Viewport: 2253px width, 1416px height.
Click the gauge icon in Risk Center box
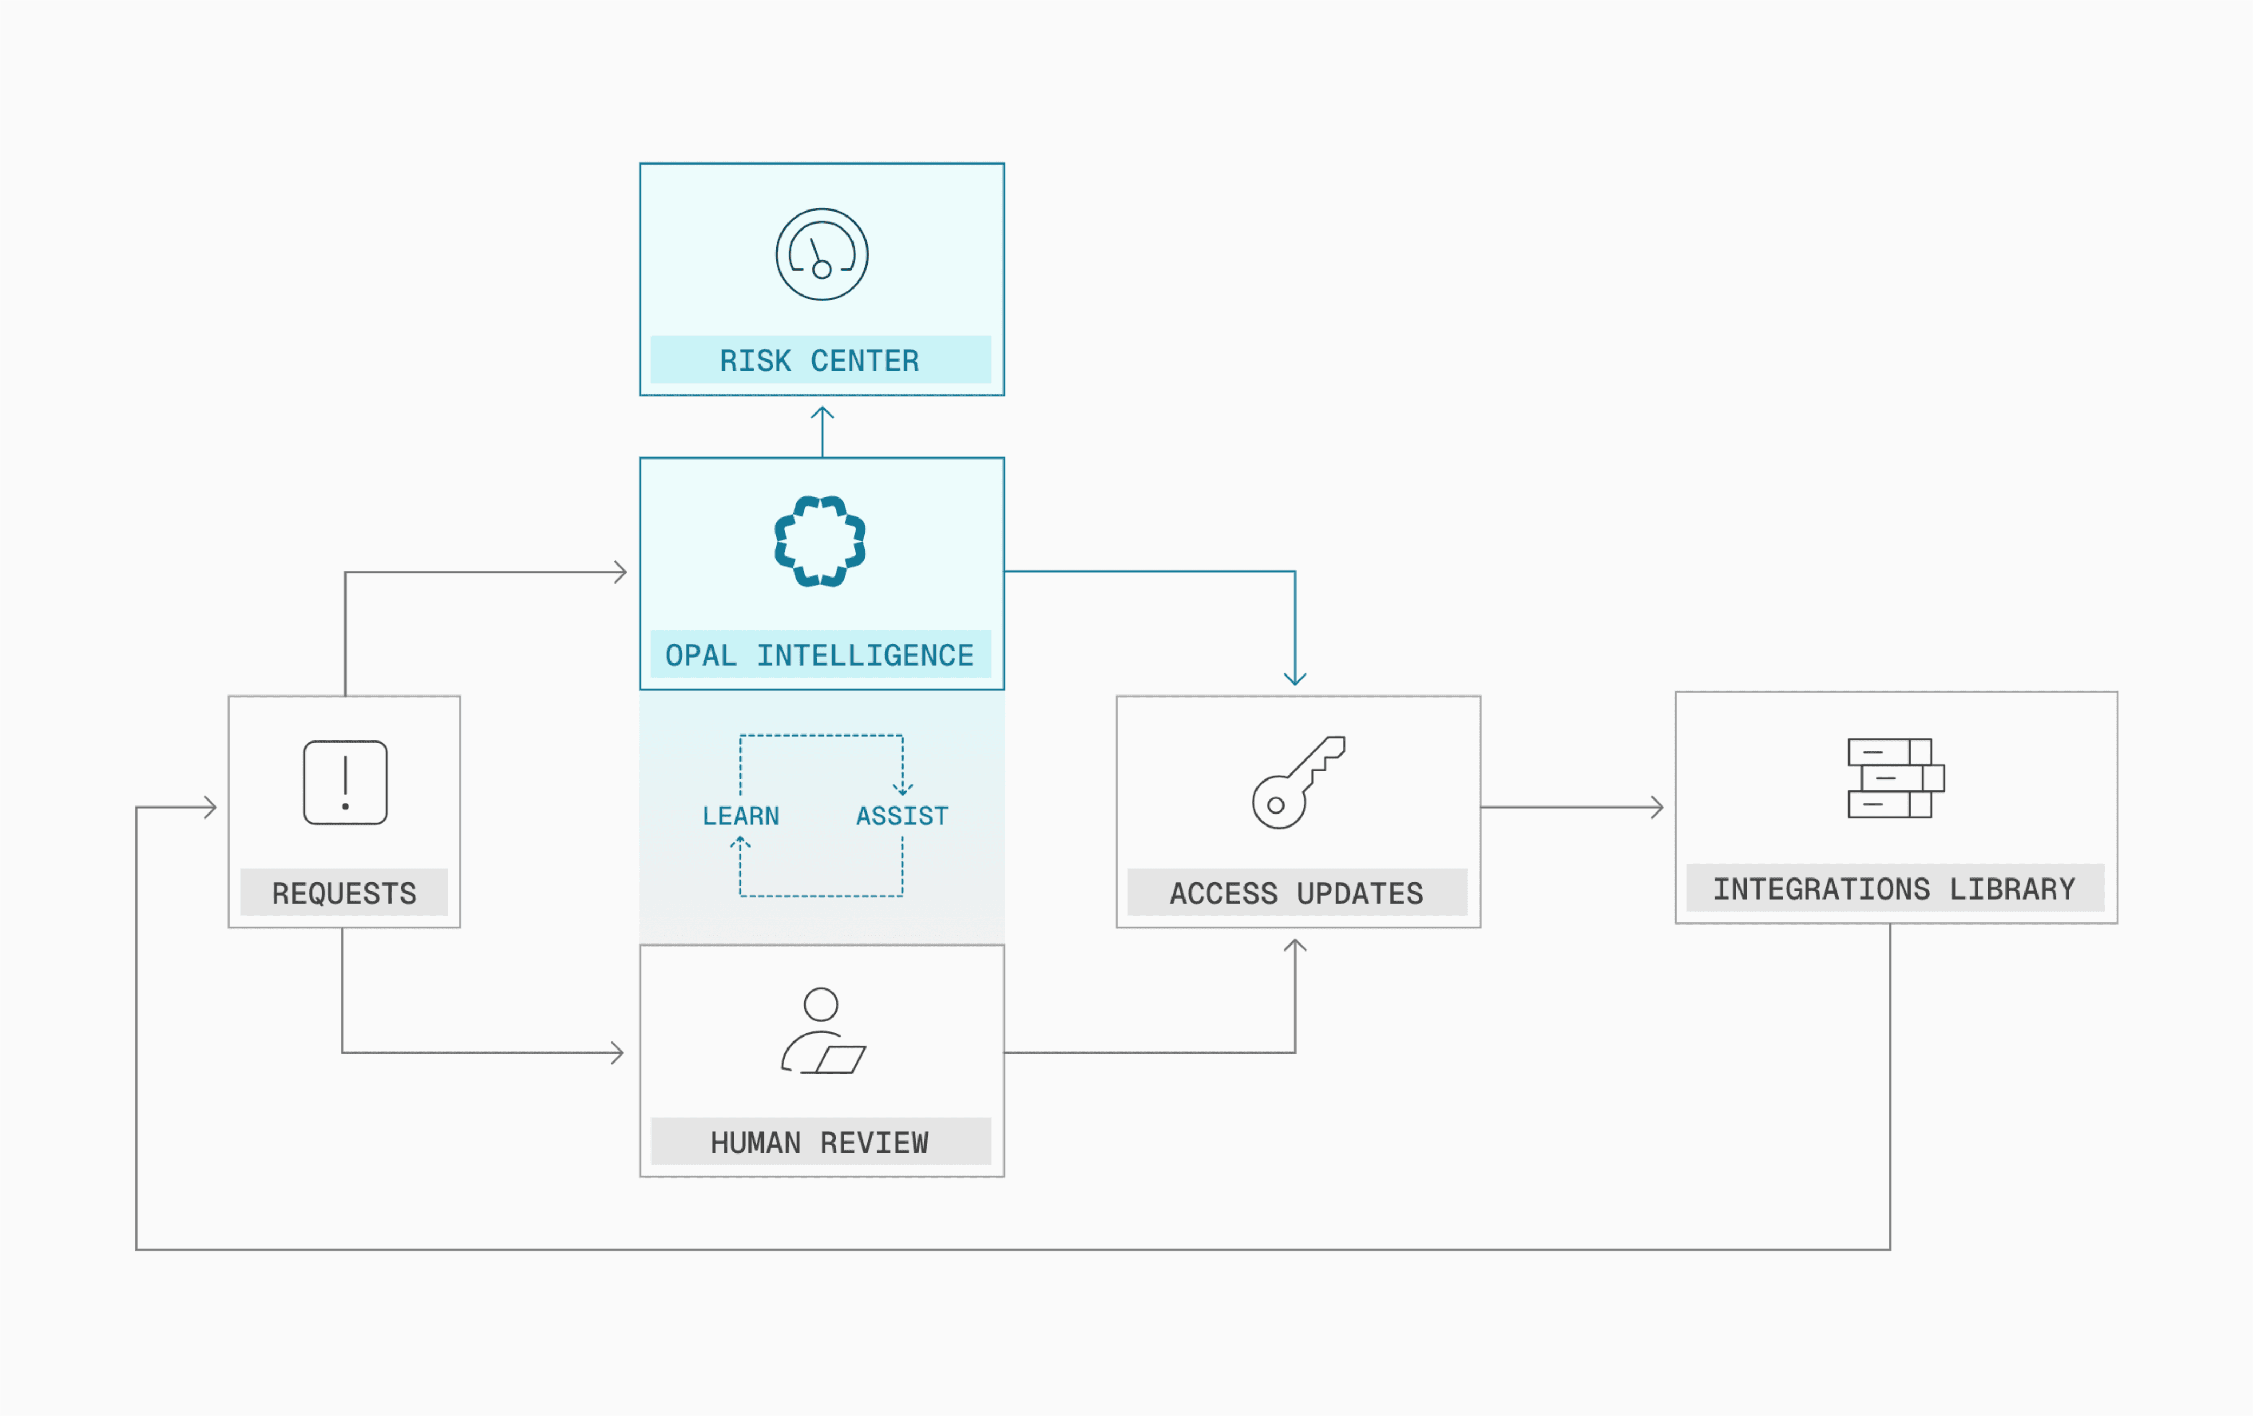(x=822, y=254)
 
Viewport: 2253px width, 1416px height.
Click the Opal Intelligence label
(x=819, y=655)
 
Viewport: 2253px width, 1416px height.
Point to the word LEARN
(x=741, y=816)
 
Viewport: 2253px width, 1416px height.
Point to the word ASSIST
(x=902, y=816)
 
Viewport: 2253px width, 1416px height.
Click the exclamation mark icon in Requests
(x=345, y=783)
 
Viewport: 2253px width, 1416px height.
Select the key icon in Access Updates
(x=1299, y=783)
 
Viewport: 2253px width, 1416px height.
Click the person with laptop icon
(x=823, y=1031)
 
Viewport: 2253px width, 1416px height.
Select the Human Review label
(x=819, y=1143)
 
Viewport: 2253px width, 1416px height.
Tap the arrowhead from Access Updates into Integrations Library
(x=1657, y=807)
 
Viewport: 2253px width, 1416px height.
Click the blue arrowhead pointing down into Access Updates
(x=1295, y=679)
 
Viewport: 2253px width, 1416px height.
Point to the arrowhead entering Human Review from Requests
(x=617, y=1053)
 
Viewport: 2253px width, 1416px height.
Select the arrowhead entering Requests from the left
(x=211, y=807)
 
